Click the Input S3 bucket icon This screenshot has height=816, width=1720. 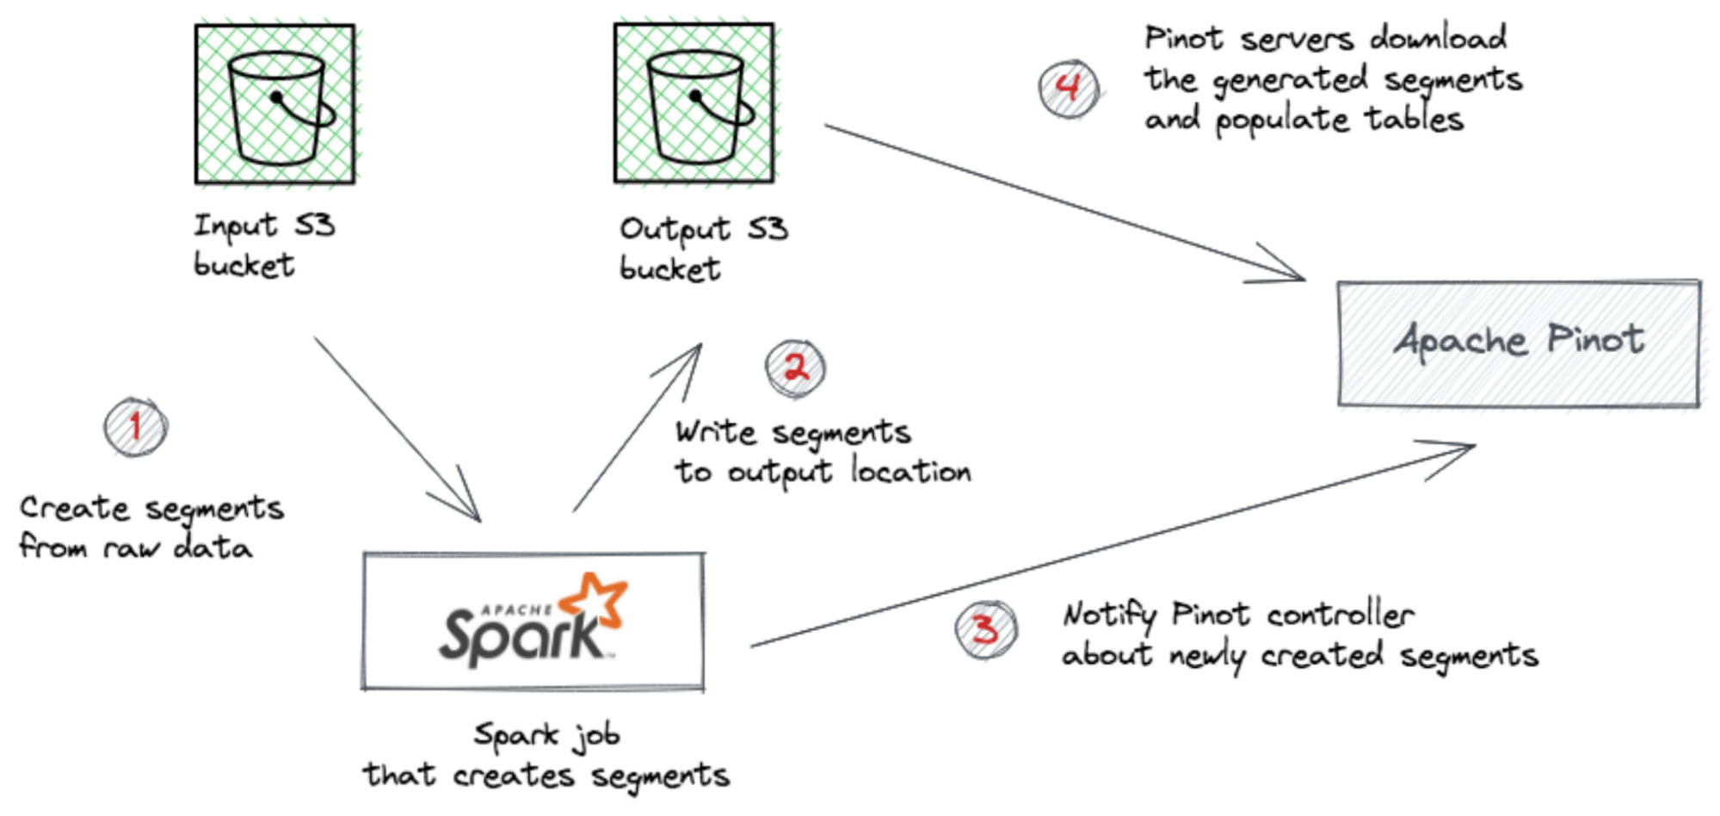(x=274, y=104)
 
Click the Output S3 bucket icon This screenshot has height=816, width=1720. (x=694, y=104)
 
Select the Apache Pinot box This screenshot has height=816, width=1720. (x=1519, y=343)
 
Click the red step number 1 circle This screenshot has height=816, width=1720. (x=135, y=427)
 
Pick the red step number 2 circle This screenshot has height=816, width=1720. (x=795, y=368)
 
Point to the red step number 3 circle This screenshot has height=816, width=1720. (x=986, y=629)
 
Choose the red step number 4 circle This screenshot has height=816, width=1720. (x=1068, y=88)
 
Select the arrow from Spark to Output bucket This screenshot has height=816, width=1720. (x=637, y=428)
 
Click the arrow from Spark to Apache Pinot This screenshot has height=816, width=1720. (x=1110, y=546)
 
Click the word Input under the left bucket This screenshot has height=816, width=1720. (x=234, y=226)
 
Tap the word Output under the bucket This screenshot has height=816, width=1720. (x=674, y=230)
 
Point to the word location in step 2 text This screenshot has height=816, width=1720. (x=910, y=471)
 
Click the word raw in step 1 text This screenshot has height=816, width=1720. (x=131, y=547)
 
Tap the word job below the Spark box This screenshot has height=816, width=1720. (x=598, y=736)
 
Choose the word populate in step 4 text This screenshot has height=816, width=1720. (x=1282, y=120)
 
